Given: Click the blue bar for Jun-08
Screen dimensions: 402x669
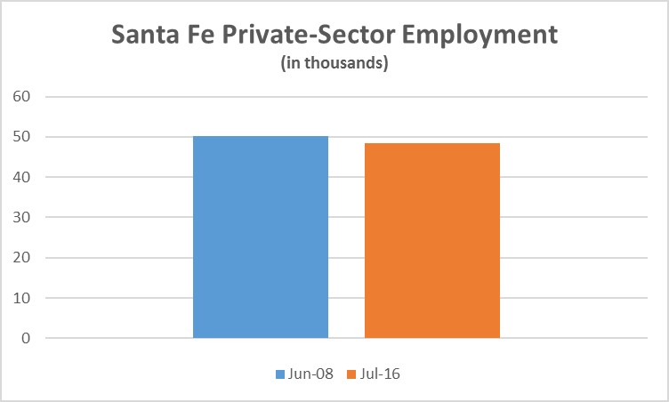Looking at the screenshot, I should tap(261, 237).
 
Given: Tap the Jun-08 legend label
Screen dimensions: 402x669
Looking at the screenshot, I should tap(310, 374).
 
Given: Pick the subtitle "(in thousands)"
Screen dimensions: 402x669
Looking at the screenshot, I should tap(334, 65).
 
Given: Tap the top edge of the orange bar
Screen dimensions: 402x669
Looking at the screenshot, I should tap(432, 143).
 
